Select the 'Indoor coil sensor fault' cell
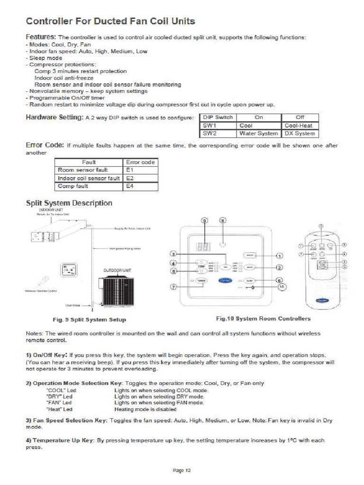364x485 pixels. pos(89,178)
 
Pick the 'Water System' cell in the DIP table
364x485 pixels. pos(258,134)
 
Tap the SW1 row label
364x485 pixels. pos(209,126)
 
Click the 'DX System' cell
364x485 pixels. pos(300,134)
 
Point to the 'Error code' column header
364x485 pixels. pos(141,162)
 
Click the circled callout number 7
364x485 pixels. pos(173,287)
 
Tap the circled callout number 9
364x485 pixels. pos(205,221)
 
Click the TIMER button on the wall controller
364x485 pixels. pos(202,281)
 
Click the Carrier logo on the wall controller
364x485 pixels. pos(225,281)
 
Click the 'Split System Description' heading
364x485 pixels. pos(69,203)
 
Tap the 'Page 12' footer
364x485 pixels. pos(182,470)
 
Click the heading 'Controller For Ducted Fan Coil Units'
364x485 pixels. pos(110,21)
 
